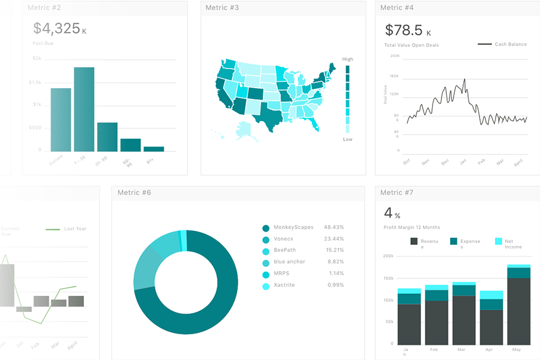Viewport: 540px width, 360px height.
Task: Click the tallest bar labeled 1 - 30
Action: point(84,109)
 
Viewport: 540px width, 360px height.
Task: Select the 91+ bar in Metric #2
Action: point(154,149)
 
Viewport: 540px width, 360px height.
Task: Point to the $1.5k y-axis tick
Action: point(35,82)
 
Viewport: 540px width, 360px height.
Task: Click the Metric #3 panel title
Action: point(222,8)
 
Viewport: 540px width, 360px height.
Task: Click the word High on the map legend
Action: point(347,59)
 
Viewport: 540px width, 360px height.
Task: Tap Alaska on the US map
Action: point(245,130)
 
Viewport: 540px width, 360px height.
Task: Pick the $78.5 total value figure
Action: point(403,30)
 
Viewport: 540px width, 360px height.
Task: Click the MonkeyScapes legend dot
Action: point(266,228)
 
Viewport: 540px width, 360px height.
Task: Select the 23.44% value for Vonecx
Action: point(334,239)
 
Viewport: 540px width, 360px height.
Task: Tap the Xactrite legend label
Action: point(284,285)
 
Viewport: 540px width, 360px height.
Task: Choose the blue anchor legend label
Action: point(289,262)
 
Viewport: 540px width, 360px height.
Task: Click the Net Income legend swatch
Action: point(499,241)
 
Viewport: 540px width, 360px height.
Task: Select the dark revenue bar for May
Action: point(518,310)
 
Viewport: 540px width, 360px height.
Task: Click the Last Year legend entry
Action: point(76,229)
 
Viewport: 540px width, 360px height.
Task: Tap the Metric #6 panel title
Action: point(134,193)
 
